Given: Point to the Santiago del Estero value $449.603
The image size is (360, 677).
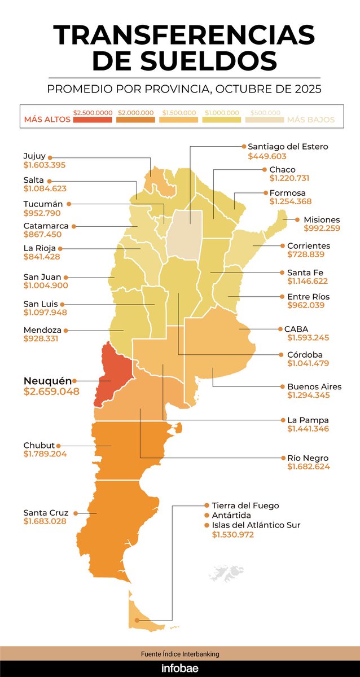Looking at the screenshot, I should (x=267, y=156).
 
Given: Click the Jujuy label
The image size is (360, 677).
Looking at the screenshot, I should (x=34, y=156).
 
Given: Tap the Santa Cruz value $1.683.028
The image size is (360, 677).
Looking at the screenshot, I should (x=45, y=522).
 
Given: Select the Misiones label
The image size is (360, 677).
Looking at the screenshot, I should (x=322, y=219).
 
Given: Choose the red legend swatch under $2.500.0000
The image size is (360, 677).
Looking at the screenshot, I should (x=93, y=120).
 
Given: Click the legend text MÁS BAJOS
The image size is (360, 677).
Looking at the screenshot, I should (x=311, y=120).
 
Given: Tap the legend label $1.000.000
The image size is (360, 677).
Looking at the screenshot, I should (x=222, y=112).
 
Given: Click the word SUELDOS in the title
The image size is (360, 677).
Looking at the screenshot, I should (x=185, y=60).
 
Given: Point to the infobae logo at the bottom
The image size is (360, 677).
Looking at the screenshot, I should (x=180, y=669).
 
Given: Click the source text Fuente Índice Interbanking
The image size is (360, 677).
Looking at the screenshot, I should (x=180, y=654).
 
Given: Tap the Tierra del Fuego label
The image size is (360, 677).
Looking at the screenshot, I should (x=245, y=505).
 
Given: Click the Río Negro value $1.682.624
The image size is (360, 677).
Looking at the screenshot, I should (x=309, y=467).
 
